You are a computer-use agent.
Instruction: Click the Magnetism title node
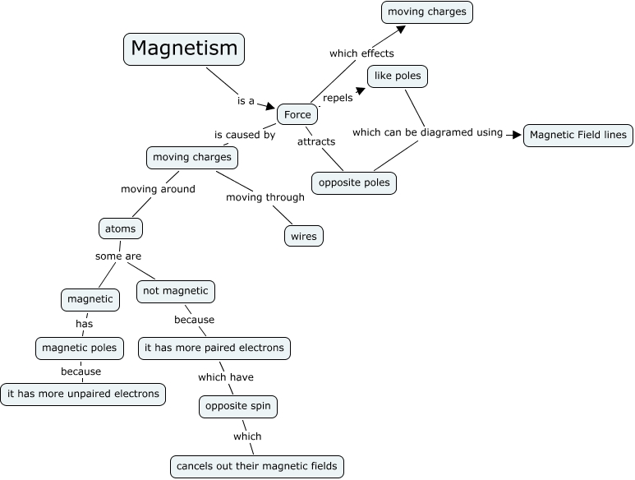184,48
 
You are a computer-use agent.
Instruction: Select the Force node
297,115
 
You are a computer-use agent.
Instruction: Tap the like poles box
398,76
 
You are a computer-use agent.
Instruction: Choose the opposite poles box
354,182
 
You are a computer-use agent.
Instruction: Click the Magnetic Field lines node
578,135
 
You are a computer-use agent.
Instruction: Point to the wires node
303,237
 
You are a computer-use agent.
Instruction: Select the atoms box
120,228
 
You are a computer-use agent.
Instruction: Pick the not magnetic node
176,291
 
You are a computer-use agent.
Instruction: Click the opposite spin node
238,407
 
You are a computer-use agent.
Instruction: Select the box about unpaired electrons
83,394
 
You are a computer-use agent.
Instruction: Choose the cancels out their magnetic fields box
256,467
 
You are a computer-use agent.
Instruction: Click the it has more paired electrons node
214,348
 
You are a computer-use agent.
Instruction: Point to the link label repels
337,98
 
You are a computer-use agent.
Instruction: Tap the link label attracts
316,141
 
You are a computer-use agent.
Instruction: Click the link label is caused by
245,135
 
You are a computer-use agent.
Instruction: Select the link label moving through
265,197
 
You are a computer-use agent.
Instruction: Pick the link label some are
118,256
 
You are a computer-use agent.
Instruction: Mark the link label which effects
361,53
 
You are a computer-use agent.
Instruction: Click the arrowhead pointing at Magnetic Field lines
516,134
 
